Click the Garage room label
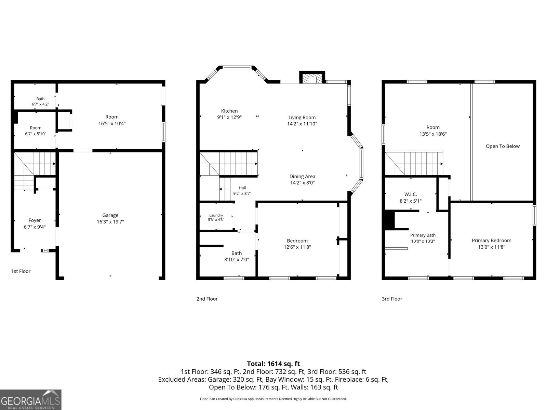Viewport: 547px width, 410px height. pyautogui.click(x=110, y=215)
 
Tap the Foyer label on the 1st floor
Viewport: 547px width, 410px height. pyautogui.click(x=35, y=220)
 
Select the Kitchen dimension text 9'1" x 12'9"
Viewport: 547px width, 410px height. pyautogui.click(x=229, y=117)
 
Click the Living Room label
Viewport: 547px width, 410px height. pyautogui.click(x=302, y=118)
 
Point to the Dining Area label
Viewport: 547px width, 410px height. pyautogui.click(x=302, y=176)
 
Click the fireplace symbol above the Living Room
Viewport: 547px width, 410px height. pyautogui.click(x=312, y=78)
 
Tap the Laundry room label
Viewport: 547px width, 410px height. pyautogui.click(x=216, y=215)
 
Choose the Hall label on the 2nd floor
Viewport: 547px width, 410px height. pyautogui.click(x=242, y=188)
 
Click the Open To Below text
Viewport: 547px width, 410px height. pyautogui.click(x=503, y=146)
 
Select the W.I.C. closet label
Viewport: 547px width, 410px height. pyautogui.click(x=411, y=194)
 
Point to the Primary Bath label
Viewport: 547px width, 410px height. pyautogui.click(x=423, y=235)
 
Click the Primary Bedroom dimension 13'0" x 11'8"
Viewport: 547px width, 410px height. pyautogui.click(x=491, y=247)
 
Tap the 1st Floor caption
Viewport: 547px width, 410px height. pyautogui.click(x=21, y=271)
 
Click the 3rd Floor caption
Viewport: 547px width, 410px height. pyautogui.click(x=392, y=299)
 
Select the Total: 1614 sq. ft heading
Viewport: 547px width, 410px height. pyautogui.click(x=273, y=364)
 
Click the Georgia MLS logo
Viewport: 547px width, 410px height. pyautogui.click(x=31, y=399)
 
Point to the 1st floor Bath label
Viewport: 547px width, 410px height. pyautogui.click(x=40, y=99)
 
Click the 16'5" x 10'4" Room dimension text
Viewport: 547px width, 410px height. pyautogui.click(x=112, y=123)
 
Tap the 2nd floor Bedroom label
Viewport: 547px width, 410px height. pyautogui.click(x=297, y=241)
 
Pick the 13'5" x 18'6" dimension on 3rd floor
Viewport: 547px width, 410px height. pyautogui.click(x=433, y=134)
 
